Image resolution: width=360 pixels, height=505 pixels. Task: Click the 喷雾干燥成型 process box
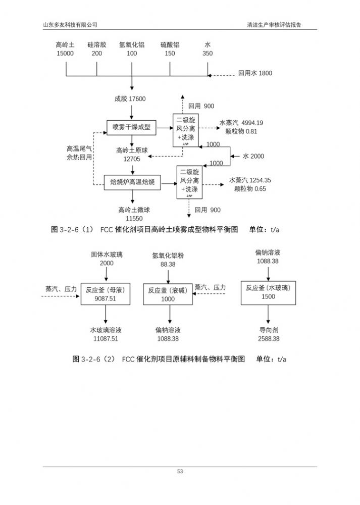coord(132,127)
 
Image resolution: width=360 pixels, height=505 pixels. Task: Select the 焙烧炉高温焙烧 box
coord(132,182)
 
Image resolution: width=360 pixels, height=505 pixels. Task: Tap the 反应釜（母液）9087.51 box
coord(106,294)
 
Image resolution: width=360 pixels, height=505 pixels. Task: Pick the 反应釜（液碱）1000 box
coord(168,294)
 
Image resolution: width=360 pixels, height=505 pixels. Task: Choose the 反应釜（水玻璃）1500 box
coord(268,292)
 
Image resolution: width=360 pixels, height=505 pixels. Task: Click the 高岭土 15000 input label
coord(65,49)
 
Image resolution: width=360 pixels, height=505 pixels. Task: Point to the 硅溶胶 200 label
coord(97,49)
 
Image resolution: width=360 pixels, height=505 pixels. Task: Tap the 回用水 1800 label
coord(255,73)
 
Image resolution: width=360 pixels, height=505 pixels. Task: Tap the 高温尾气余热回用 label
coord(79,153)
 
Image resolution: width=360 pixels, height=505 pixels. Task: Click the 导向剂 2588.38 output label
coord(268,334)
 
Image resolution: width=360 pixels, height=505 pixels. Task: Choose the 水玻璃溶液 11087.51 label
coord(106,334)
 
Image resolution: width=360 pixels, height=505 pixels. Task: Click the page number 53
coord(180,472)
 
